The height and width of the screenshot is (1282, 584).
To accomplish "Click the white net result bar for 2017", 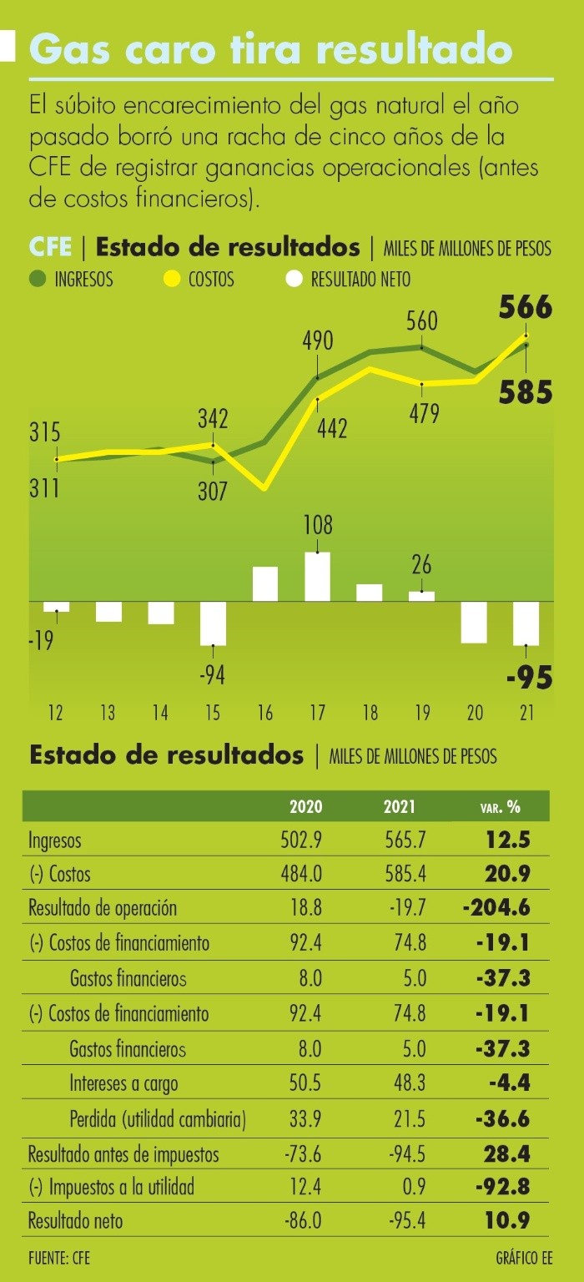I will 317,577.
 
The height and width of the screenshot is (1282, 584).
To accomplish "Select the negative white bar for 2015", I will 213,623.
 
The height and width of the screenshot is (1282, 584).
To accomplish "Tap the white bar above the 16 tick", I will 264,584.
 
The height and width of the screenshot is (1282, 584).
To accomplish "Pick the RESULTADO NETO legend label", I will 360,280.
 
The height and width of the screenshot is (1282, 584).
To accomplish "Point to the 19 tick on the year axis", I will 422,714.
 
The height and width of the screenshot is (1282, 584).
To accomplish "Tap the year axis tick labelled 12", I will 56,714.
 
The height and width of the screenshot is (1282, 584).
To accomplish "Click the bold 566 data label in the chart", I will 526,308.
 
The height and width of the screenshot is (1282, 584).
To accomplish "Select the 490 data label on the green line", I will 318,341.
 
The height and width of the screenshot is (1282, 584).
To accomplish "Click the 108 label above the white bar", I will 318,526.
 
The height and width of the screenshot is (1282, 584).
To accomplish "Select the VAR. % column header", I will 500,807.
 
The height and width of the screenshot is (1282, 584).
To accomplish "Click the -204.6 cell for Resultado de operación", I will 496,908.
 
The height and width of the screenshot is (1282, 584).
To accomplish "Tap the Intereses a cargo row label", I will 123,1083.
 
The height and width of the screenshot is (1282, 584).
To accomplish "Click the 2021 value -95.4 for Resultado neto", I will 407,1221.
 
